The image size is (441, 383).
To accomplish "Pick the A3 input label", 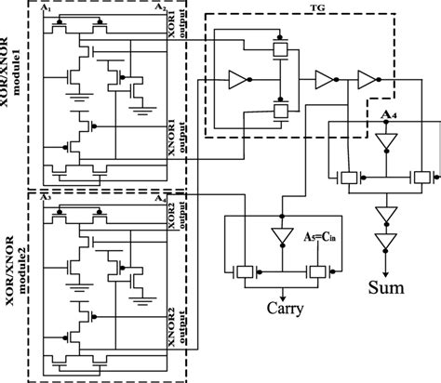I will click(46, 197).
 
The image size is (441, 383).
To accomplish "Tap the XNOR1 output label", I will click(176, 133).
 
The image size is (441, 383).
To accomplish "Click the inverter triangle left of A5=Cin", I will click(276, 238).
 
